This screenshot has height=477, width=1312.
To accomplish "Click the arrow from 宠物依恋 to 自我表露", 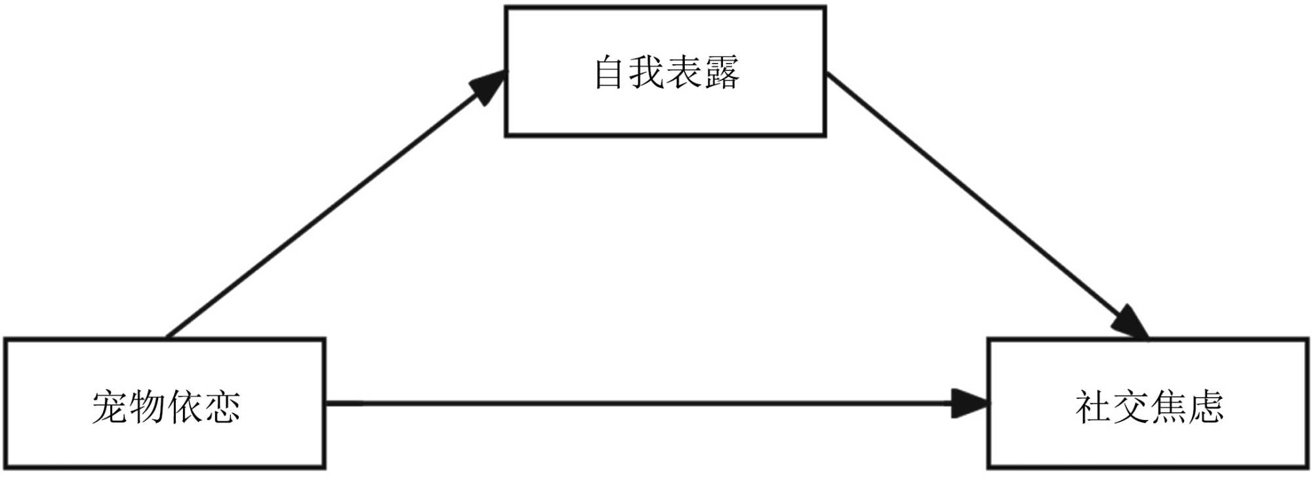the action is [328, 210].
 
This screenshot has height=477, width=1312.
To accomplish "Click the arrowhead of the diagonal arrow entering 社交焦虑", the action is [1130, 322].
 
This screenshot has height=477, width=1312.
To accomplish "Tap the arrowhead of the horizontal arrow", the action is [970, 403].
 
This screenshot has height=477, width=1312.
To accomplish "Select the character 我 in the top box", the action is [647, 72].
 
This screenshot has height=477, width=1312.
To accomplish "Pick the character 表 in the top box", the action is [684, 72].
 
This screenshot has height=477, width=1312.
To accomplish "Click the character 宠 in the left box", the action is [110, 407].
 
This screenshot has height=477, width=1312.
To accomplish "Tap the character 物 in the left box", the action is [147, 407].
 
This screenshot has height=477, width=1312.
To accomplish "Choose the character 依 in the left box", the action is [184, 407].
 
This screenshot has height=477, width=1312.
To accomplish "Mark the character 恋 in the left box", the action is [222, 407].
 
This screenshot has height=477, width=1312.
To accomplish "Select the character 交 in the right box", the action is [1130, 407].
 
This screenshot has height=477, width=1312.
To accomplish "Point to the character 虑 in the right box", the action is [1205, 407].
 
